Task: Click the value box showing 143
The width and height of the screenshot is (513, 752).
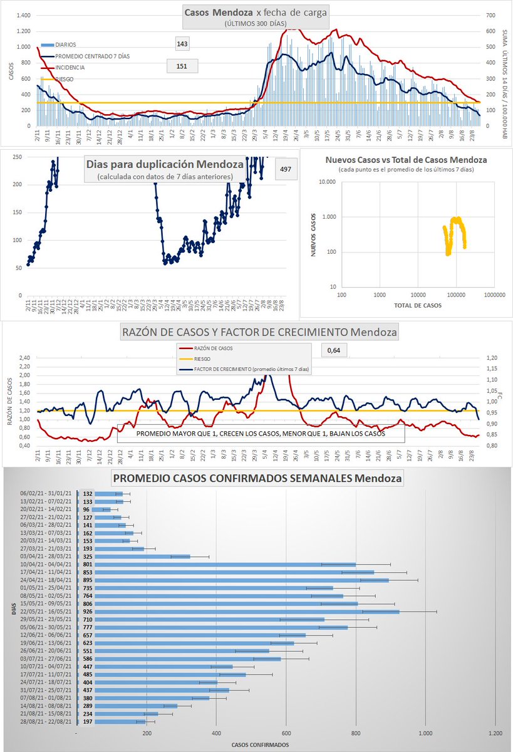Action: pos(183,43)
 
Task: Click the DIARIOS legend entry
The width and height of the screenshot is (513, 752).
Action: pos(65,45)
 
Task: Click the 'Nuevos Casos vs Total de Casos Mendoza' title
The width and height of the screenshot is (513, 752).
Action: pos(406,160)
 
